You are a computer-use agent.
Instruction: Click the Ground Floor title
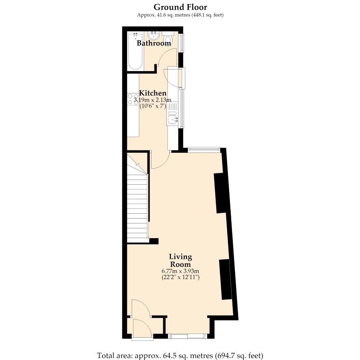(x=180, y=7)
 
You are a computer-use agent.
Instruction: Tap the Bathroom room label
(x=154, y=43)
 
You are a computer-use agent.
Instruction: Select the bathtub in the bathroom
(x=135, y=52)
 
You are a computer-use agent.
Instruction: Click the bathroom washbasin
(x=153, y=36)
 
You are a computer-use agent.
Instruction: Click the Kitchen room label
(x=153, y=93)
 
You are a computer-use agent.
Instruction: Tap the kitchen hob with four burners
(x=133, y=99)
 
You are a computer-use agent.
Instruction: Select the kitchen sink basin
(x=172, y=119)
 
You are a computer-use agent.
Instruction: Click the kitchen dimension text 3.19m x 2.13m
(x=152, y=100)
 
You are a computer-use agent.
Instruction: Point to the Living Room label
(x=180, y=260)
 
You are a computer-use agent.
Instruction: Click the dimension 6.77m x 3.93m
(x=180, y=271)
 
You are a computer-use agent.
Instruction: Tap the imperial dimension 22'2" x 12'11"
(x=180, y=277)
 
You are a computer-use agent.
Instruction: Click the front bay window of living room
(x=187, y=336)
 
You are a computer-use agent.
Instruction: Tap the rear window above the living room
(x=204, y=150)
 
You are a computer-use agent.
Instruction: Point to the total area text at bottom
(x=180, y=356)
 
